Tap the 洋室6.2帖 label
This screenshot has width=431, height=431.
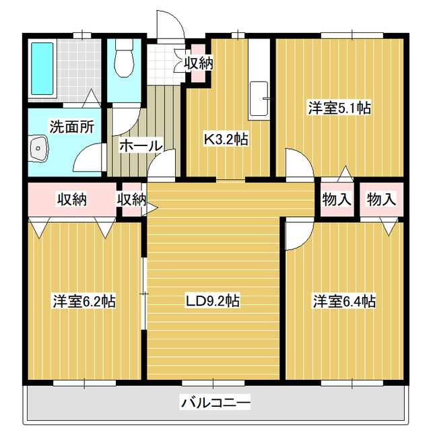(84, 301)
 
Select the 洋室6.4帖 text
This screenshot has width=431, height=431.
(343, 301)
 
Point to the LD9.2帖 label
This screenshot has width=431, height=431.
(213, 301)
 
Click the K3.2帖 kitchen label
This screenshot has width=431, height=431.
(226, 139)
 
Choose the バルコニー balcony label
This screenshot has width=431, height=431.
(215, 403)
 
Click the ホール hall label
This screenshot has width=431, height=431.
(140, 145)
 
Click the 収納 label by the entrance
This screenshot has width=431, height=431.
(199, 63)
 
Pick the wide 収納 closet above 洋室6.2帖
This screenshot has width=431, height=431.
(71, 200)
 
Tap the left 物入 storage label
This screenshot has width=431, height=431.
(337, 199)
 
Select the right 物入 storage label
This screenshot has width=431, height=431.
(381, 199)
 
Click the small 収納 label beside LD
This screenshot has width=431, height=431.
(131, 199)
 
